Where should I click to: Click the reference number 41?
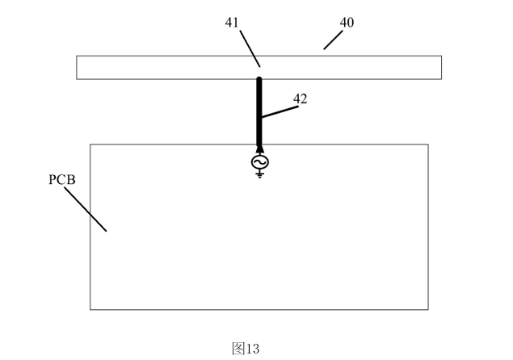233,23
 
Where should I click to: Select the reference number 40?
346,23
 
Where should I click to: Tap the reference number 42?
300,98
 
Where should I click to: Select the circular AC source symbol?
259,162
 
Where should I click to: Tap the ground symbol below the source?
259,174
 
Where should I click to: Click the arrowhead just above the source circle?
259,149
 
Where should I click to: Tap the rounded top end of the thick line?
259,78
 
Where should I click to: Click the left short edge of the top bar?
77,67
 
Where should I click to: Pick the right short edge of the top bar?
441,67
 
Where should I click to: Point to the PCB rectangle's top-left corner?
90,144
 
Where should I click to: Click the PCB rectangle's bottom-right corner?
428,309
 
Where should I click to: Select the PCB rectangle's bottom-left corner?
90,309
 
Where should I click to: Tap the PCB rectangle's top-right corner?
428,144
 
